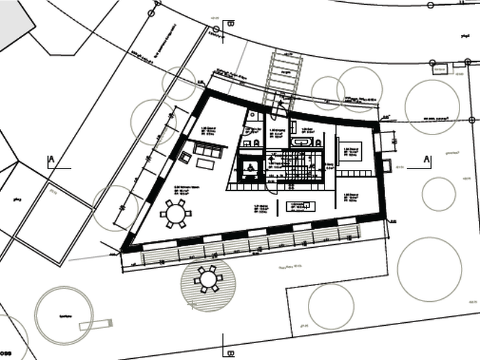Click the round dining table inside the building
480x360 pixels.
pyautogui.click(x=176, y=212)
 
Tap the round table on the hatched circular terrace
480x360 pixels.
pyautogui.click(x=208, y=278)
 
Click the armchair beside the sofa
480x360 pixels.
pyautogui.click(x=185, y=157)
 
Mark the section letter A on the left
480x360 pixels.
pyautogui.click(x=52, y=160)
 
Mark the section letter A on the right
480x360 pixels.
pyautogui.click(x=427, y=160)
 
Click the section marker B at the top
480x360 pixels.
pyautogui.click(x=231, y=24)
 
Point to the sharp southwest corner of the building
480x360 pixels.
pyautogui.click(x=124, y=248)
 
